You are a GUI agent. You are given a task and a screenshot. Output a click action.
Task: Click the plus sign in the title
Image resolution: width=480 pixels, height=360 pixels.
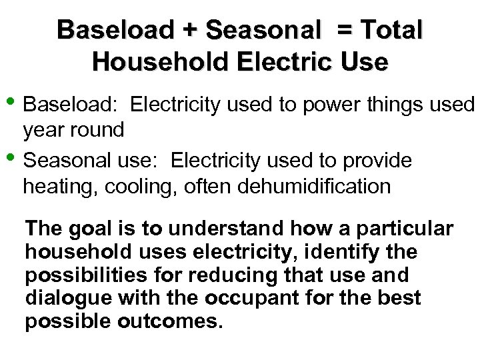coord(191,31)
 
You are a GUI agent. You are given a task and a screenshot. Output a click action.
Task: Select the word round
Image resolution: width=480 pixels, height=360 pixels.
coord(97,129)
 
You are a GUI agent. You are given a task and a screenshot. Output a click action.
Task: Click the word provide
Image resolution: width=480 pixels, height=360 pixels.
coord(376,161)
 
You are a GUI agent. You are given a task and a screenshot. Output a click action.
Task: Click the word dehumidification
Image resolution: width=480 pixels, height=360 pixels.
coord(312,185)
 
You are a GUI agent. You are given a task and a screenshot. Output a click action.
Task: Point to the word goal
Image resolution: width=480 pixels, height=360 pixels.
coord(87,229)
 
